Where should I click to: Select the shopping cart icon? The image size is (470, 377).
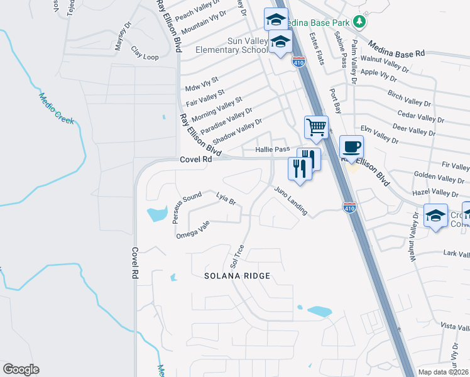317,127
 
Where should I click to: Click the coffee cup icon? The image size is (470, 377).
352,146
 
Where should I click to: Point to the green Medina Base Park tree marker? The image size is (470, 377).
359,21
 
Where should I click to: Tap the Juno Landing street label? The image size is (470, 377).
290,201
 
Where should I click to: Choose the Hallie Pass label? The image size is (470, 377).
272,150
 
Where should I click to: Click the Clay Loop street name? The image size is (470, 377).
145,52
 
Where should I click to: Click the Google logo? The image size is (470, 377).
21,369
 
